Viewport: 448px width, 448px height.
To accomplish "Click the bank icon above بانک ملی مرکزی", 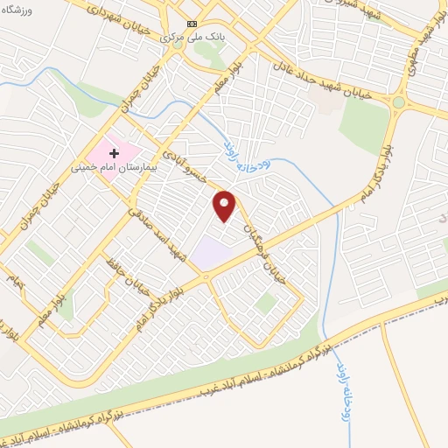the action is [192, 24].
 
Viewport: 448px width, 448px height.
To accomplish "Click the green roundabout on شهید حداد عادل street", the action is [399, 102].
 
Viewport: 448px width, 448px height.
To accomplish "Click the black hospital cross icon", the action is [114, 153].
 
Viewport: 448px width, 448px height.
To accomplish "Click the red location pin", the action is [225, 206].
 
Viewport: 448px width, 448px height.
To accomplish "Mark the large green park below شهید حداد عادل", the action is [363, 127].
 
